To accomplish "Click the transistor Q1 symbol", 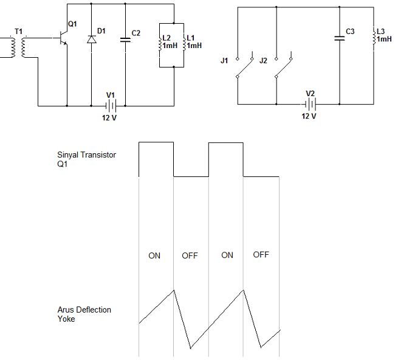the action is click(63, 38).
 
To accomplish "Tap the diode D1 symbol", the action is click(91, 40).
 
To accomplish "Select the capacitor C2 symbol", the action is click(125, 40).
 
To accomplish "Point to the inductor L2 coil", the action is click(160, 44).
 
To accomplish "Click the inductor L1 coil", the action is click(184, 44).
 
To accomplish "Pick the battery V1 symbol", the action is click(111, 106).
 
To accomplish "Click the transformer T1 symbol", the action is click(18, 47).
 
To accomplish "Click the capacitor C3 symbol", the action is click(339, 38).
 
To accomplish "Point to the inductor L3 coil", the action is click(374, 37).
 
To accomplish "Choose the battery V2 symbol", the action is click(311, 104).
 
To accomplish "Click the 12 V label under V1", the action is click(109, 118).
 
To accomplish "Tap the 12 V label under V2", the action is click(309, 116).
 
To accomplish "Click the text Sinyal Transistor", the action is click(86, 155).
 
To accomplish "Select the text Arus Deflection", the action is click(84, 310).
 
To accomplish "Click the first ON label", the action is click(154, 255).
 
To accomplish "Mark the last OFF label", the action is click(261, 255).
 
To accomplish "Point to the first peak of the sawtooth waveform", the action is click(174, 290).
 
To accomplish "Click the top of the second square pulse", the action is click(226, 143).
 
